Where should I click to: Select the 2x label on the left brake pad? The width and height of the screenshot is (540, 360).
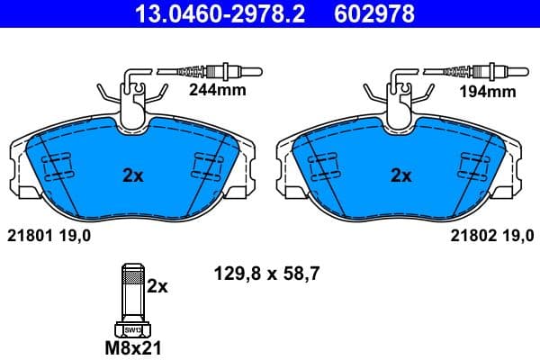point(132,176)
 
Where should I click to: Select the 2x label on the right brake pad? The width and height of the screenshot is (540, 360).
point(400,176)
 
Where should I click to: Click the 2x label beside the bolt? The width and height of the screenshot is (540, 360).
point(157,286)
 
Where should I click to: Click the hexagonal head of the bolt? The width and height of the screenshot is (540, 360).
point(132,328)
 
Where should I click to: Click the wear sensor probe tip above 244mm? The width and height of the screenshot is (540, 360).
point(243,70)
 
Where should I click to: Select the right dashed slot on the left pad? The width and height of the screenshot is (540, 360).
point(208,167)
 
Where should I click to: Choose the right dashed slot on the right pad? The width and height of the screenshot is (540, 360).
point(474,167)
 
